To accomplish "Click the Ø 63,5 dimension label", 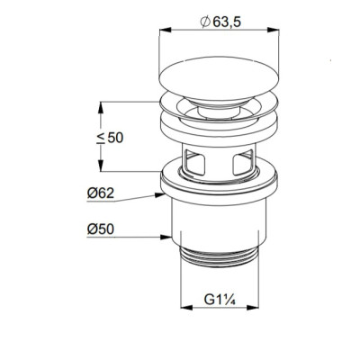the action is pos(220,22).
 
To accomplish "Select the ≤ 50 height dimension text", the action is pos(110,138).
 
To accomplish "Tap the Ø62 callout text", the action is pos(101,193).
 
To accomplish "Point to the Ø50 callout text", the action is pos(101,229).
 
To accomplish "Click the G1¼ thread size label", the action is pos(220,300).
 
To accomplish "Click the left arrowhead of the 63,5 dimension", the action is pos(165,30).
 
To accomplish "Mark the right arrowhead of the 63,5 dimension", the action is pos(274,30).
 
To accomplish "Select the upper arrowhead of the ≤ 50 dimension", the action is pos(101,108).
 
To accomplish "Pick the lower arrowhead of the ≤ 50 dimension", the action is pos(101,166).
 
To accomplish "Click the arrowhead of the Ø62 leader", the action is pos(160,195).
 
